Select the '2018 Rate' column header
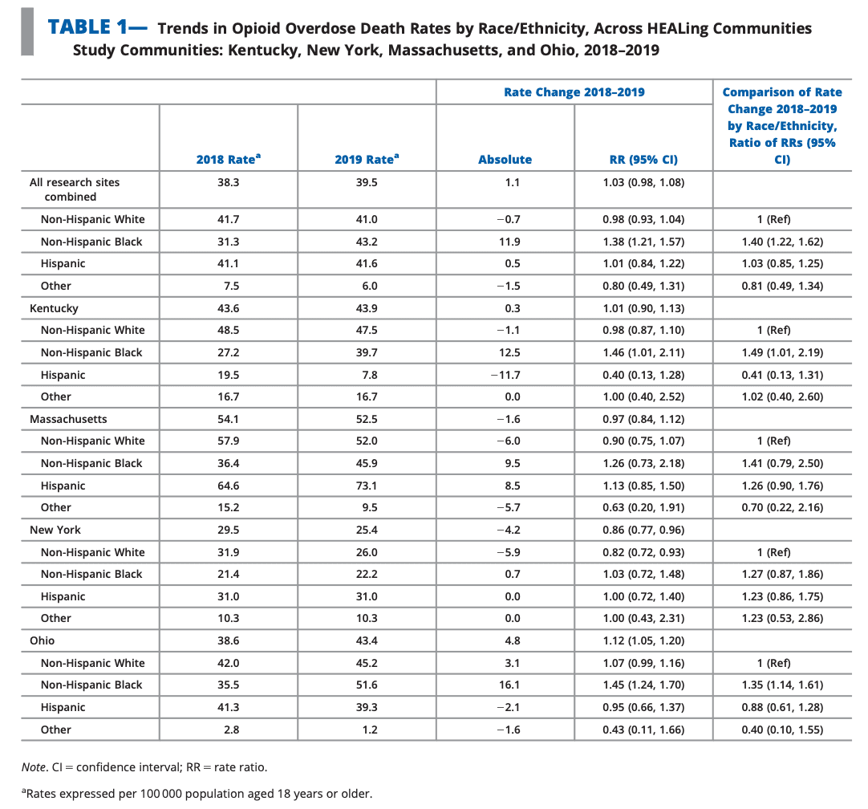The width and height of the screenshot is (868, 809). pyautogui.click(x=228, y=160)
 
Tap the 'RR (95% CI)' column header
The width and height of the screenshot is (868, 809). pyautogui.click(x=643, y=160)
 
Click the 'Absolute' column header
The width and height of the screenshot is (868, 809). pyautogui.click(x=505, y=160)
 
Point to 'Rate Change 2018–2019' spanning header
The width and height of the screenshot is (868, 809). pyautogui.click(x=574, y=92)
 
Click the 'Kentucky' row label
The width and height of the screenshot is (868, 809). pyautogui.click(x=54, y=308)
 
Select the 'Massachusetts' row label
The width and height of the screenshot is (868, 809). pyautogui.click(x=68, y=419)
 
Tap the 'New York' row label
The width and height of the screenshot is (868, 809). pyautogui.click(x=55, y=530)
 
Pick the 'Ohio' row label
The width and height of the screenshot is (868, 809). pyautogui.click(x=43, y=640)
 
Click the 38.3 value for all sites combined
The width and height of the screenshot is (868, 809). pyautogui.click(x=228, y=182)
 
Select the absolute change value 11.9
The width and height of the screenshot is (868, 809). pyautogui.click(x=505, y=242)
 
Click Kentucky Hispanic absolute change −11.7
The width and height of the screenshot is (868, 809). pyautogui.click(x=505, y=375)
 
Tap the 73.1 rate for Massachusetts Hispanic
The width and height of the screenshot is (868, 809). pyautogui.click(x=367, y=486)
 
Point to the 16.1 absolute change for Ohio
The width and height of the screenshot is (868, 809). pyautogui.click(x=505, y=685)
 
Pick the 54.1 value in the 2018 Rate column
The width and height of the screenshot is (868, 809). pyautogui.click(x=228, y=419)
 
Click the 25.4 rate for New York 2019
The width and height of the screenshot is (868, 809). pyautogui.click(x=367, y=530)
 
